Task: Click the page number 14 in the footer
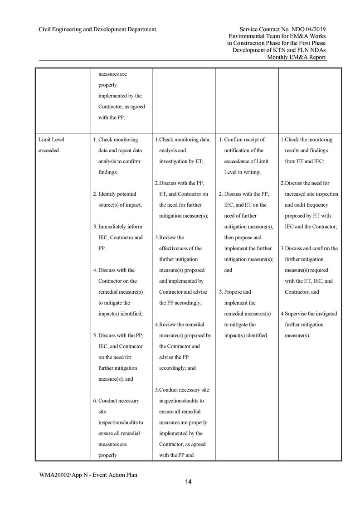(x=188, y=482)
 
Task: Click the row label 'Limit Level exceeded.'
(x=52, y=145)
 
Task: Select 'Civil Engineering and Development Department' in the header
(x=97, y=29)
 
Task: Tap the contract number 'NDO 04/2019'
(x=310, y=29)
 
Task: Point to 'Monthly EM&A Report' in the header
(x=297, y=57)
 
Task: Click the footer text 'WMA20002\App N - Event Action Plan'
(x=88, y=475)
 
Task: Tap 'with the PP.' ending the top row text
(x=112, y=118)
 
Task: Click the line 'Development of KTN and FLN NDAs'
(x=279, y=50)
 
